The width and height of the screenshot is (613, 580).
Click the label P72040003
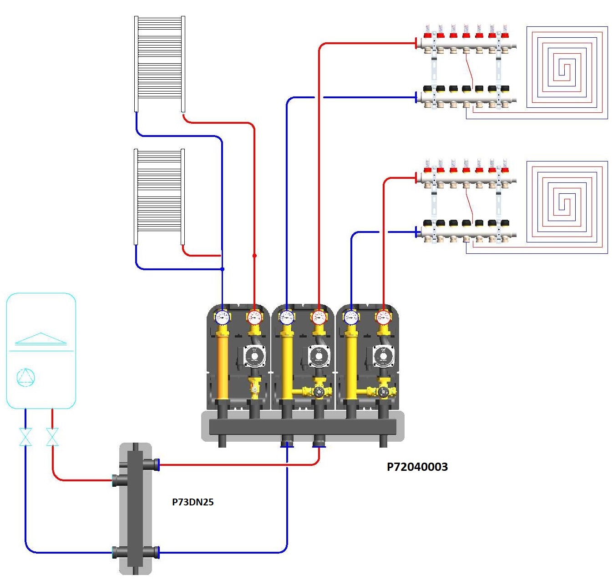(417, 467)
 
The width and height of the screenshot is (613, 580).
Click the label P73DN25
(193, 502)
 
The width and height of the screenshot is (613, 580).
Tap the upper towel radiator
(159, 64)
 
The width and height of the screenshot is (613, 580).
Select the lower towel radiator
(159, 197)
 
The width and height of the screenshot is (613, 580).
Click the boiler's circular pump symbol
(25, 377)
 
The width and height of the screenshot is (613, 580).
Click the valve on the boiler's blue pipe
(26, 437)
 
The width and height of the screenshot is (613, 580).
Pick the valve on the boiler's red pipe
(52, 437)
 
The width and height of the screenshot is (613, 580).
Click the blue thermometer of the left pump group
(222, 318)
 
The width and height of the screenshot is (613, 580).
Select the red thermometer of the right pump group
(384, 318)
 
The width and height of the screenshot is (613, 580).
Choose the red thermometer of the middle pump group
(319, 318)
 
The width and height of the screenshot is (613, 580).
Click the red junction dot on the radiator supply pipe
(254, 256)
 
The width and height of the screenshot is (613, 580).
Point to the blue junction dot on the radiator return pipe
(222, 269)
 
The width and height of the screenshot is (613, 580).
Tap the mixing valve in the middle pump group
(319, 392)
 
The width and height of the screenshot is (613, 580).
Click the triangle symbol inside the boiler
(41, 339)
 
